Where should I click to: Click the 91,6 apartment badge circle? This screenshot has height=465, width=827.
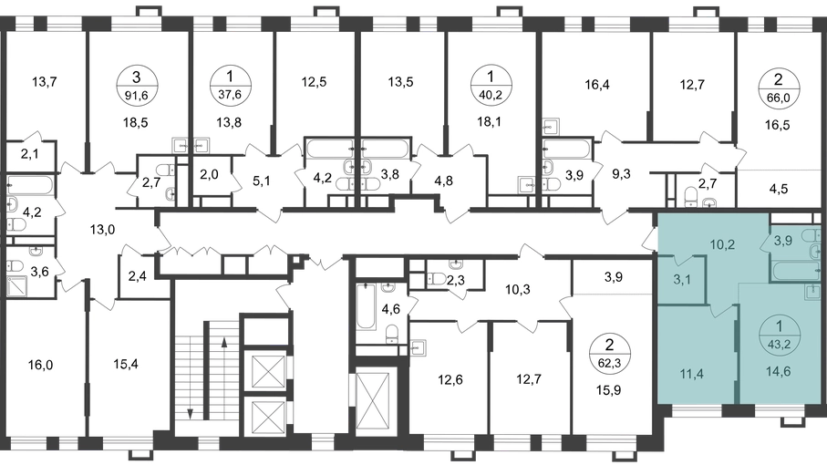(137, 86)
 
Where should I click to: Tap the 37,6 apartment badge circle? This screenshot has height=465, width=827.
(229, 86)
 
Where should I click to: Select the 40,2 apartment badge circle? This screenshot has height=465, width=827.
(491, 85)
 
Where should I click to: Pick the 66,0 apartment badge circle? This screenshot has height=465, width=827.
(778, 88)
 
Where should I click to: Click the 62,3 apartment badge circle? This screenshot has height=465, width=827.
(610, 354)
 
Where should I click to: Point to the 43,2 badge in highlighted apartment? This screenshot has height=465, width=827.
(779, 336)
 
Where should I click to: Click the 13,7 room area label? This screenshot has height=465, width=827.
(45, 82)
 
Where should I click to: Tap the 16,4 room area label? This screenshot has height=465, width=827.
(597, 84)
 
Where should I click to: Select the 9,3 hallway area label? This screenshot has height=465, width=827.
(621, 174)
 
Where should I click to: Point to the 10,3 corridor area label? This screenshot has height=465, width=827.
(517, 289)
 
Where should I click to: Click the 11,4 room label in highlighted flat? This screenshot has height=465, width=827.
(691, 375)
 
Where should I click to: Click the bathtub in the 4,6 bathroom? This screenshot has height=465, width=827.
(365, 306)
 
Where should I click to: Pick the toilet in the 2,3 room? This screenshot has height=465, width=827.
(438, 279)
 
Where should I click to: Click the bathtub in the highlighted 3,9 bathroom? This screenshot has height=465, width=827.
(796, 271)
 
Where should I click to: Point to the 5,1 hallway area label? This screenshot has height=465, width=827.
(262, 181)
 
